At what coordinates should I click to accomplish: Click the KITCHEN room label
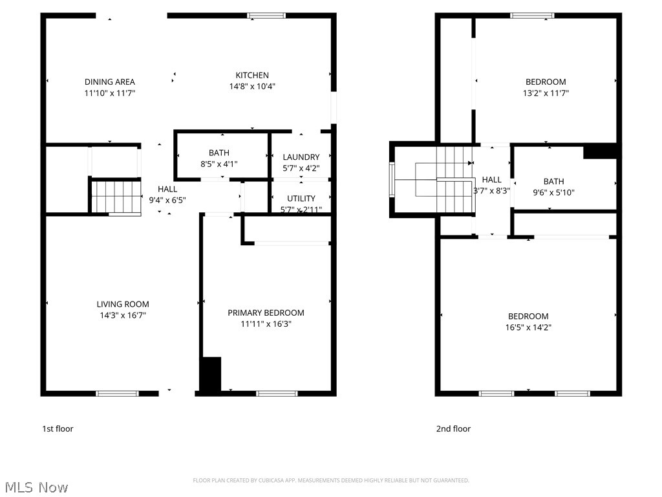pyautogui.click(x=252, y=76)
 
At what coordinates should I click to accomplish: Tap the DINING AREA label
pyautogui.click(x=110, y=82)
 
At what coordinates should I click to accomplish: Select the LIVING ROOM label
pyautogui.click(x=123, y=304)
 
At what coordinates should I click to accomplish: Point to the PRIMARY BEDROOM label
pyautogui.click(x=266, y=313)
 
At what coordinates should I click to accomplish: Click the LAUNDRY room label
pyautogui.click(x=301, y=157)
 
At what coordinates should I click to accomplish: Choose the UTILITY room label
pyautogui.click(x=301, y=199)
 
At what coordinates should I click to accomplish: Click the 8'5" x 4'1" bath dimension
pyautogui.click(x=219, y=164)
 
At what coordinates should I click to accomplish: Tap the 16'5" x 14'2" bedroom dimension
pyautogui.click(x=528, y=327)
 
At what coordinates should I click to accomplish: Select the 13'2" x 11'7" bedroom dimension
pyautogui.click(x=546, y=93)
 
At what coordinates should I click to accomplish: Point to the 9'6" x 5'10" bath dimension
pyautogui.click(x=553, y=192)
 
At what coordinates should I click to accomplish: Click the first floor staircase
pyautogui.click(x=115, y=196)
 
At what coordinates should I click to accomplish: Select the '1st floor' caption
pyautogui.click(x=58, y=428)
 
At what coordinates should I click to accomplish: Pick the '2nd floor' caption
pyautogui.click(x=453, y=428)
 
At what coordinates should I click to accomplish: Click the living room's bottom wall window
pyautogui.click(x=117, y=393)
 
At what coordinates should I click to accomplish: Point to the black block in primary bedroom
pyautogui.click(x=210, y=374)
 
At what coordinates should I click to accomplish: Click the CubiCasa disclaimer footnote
pyautogui.click(x=331, y=480)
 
